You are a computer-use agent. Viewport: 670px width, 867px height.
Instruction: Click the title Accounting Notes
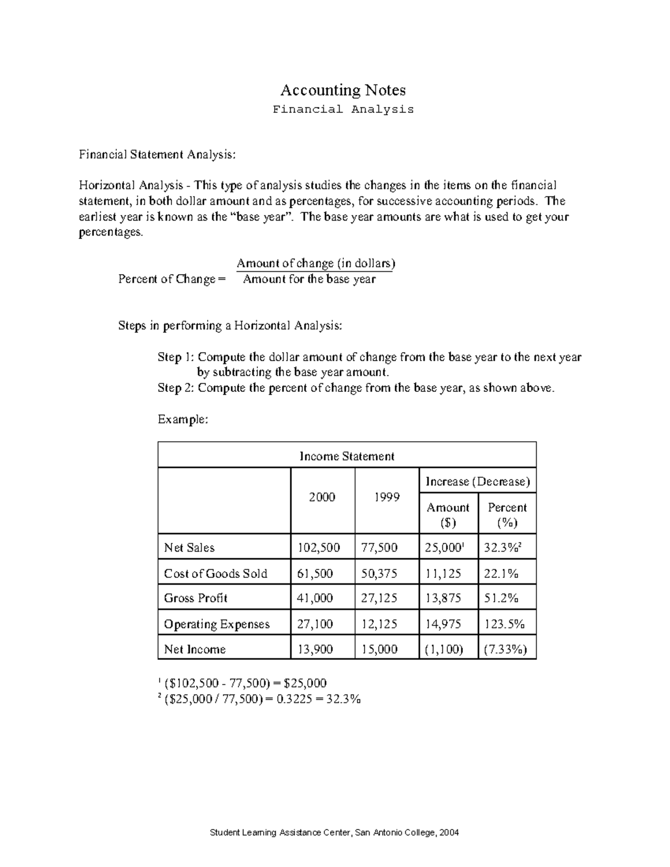343,90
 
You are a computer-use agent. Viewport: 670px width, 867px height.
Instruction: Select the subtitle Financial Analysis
343,109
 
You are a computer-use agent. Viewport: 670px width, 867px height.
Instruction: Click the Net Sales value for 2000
318,548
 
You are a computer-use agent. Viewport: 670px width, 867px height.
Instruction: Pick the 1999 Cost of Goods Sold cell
379,573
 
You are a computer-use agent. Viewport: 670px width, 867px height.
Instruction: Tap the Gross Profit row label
195,598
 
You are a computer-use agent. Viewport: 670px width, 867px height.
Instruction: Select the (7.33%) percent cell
506,649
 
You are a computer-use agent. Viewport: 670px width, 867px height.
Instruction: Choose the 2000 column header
322,497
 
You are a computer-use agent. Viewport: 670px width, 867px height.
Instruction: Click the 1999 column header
386,497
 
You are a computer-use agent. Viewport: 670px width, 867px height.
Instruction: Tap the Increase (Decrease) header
477,482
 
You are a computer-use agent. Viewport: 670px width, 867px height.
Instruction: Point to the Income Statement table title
347,456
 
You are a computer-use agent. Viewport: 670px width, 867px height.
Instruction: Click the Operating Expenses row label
217,624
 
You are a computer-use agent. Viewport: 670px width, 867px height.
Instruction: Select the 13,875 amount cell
443,598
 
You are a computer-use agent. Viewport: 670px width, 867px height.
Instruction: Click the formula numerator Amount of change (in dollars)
316,263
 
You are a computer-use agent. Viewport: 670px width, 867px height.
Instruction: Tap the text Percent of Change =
172,279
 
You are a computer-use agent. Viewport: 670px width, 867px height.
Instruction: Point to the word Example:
183,419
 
